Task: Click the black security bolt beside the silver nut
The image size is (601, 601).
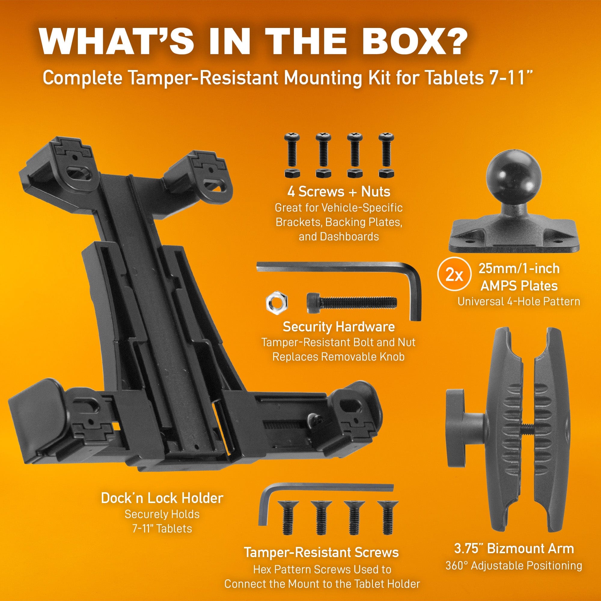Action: click(x=352, y=301)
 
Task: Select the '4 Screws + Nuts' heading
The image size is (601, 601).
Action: click(x=338, y=192)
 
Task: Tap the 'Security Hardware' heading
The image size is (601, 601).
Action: click(x=338, y=327)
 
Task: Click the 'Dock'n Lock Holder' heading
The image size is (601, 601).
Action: click(x=162, y=498)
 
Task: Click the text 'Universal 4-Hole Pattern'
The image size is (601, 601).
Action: click(x=519, y=301)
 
